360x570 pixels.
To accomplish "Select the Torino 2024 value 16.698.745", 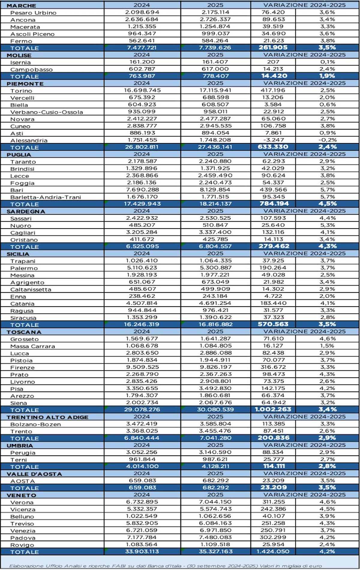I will (142, 90).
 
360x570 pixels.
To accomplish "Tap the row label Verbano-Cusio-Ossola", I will (46, 112).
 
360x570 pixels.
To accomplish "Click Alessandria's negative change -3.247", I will (273, 140).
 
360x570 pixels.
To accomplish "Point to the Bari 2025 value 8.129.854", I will (215, 190).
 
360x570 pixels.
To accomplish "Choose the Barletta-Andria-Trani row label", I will (46, 197).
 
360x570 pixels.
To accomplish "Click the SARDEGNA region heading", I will (26, 211).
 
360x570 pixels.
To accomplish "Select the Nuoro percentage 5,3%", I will (327, 225).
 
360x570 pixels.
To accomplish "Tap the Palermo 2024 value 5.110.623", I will (142, 268).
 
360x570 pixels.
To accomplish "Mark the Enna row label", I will (18, 297).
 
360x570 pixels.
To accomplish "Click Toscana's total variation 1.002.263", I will (273, 409).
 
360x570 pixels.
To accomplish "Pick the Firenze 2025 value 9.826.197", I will (215, 367).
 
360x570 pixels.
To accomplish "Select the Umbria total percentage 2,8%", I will (327, 466).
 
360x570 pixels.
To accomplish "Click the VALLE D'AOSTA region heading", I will (34, 474).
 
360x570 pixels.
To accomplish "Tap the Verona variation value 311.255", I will (273, 502).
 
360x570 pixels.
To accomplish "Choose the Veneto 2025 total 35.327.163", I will (215, 551).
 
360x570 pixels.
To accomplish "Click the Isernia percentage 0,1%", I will (327, 62).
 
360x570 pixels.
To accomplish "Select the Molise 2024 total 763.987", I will (142, 76).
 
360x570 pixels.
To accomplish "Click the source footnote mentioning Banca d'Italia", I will (165, 566).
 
